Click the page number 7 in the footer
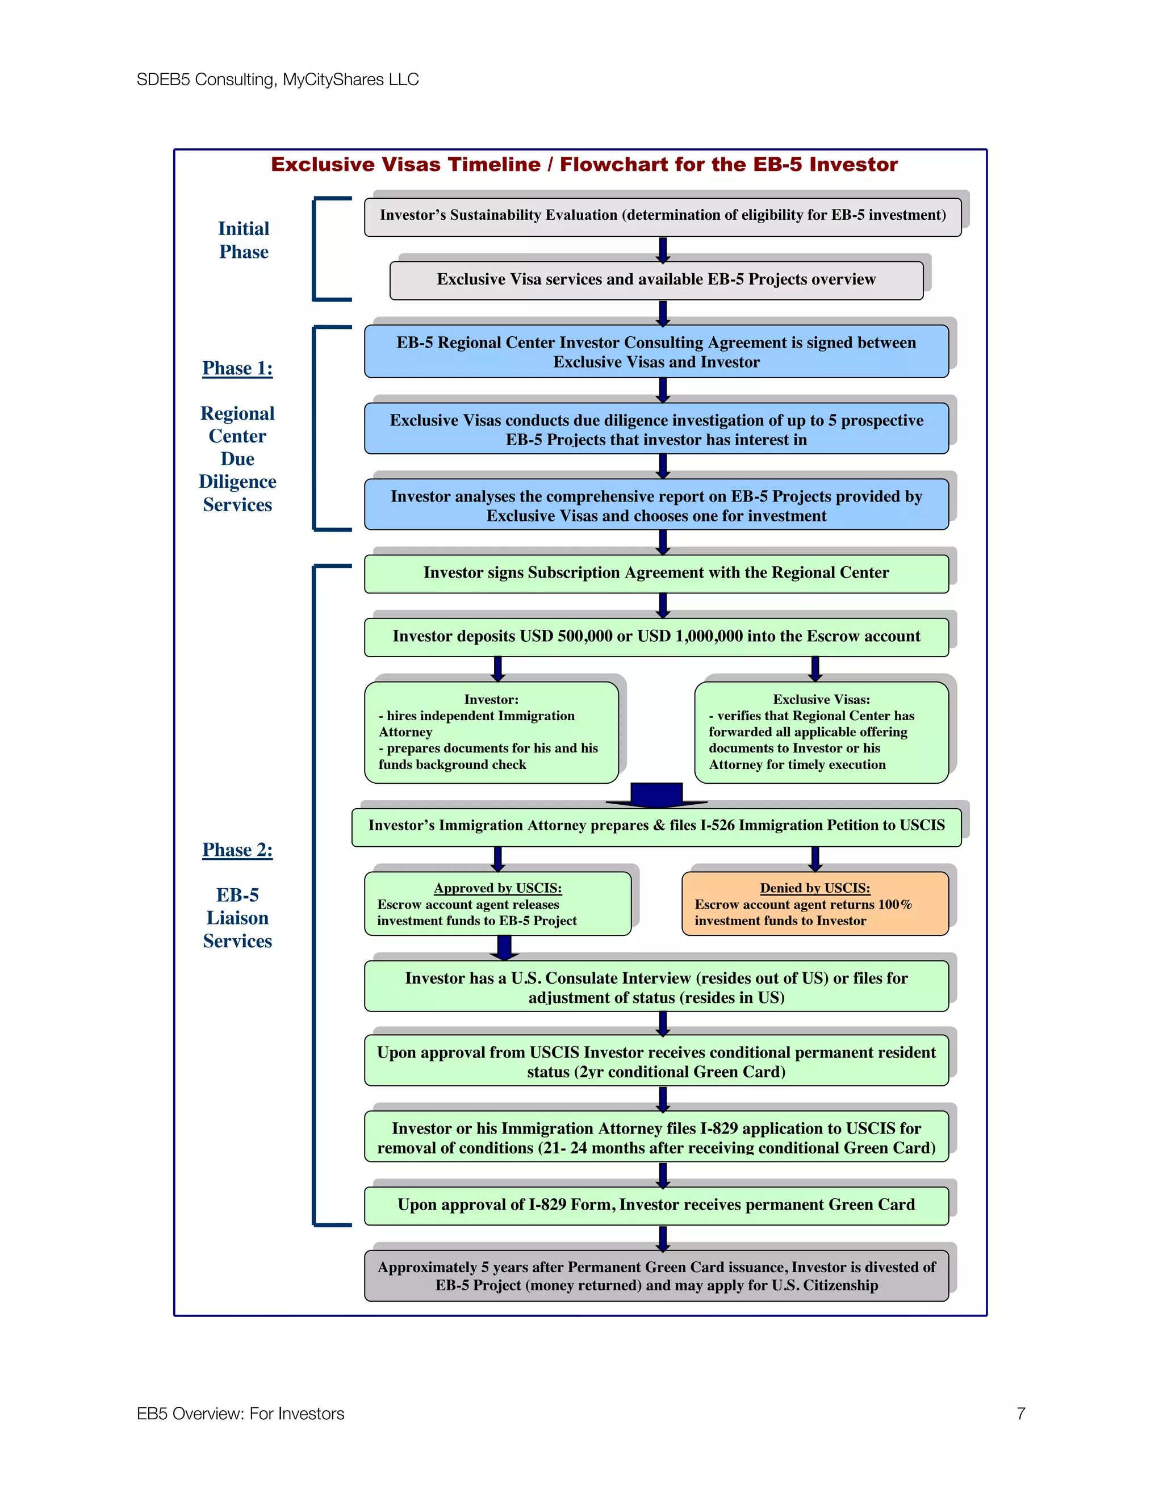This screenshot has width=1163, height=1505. pos(1020,1414)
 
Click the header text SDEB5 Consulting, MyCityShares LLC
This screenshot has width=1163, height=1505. pos(277,80)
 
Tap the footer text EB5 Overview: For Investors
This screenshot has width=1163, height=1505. pos(240,1414)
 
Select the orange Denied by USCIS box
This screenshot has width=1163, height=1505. pos(814,904)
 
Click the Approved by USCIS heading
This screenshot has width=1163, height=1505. pos(497,888)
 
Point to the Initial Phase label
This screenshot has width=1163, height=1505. pos(243,240)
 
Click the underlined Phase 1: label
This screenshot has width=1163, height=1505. pos(237,368)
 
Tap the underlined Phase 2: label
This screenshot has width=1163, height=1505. pos(237,850)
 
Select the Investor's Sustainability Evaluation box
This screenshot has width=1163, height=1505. pos(662,215)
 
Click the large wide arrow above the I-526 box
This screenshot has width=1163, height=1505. pos(656,795)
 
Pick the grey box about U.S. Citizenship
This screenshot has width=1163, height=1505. pos(656,1276)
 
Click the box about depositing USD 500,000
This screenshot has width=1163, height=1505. pos(656,636)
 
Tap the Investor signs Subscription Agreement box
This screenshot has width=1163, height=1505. pos(656,572)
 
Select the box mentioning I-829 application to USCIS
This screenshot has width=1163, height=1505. pos(656,1138)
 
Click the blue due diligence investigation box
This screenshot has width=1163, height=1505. pos(656,429)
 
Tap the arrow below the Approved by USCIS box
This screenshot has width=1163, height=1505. pos(504,947)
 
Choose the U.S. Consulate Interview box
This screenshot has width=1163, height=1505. pos(656,987)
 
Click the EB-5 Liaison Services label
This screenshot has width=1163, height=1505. pos(237,917)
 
